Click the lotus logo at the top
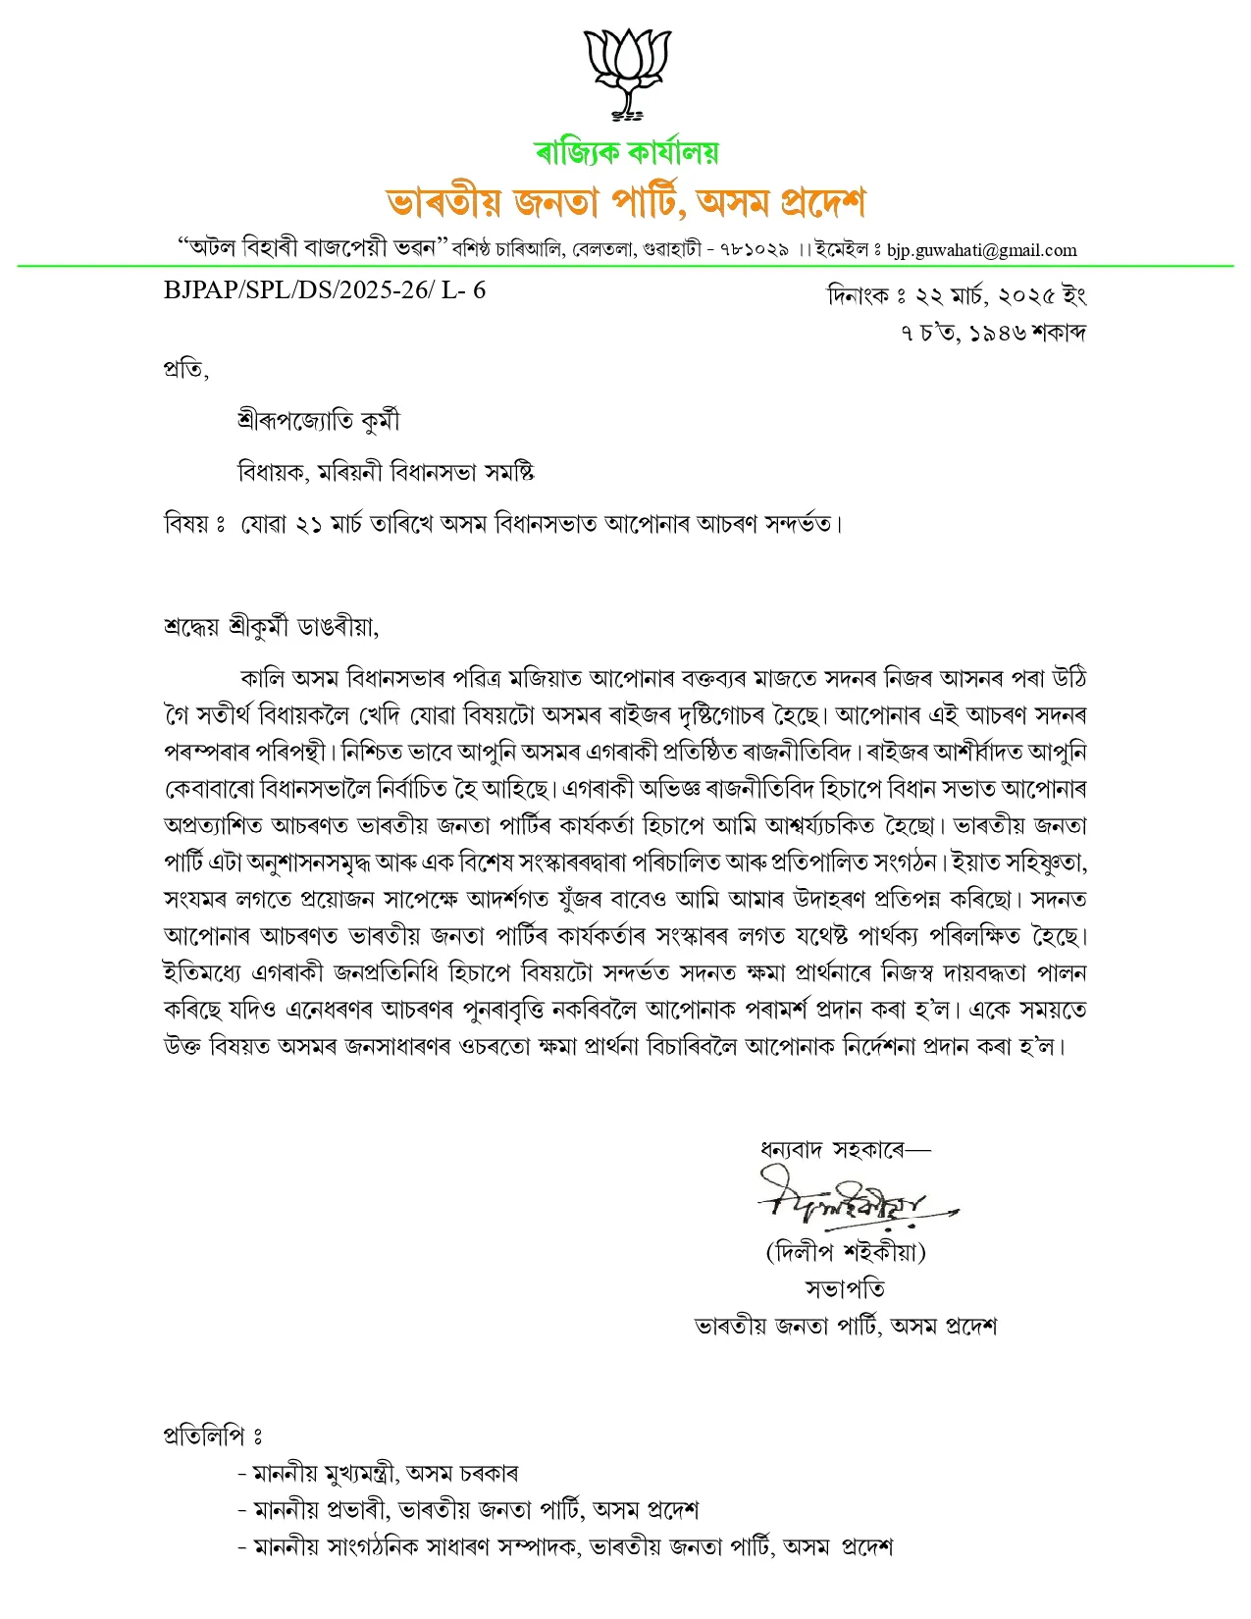coord(627,74)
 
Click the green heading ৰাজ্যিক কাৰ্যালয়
coord(626,152)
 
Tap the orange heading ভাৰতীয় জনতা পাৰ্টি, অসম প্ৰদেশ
coord(626,202)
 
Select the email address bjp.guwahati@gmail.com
coord(981,250)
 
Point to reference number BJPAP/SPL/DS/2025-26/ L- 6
coord(325,290)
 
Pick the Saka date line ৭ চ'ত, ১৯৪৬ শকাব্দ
coord(993,333)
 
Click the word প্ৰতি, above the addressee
coord(185,370)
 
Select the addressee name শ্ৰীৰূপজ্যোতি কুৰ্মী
coord(319,421)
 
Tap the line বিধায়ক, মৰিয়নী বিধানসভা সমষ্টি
coord(386,472)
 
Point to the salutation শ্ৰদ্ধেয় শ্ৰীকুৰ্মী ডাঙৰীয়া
coord(271,626)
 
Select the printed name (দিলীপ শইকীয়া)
coord(846,1251)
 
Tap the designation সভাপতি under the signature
coord(845,1288)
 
